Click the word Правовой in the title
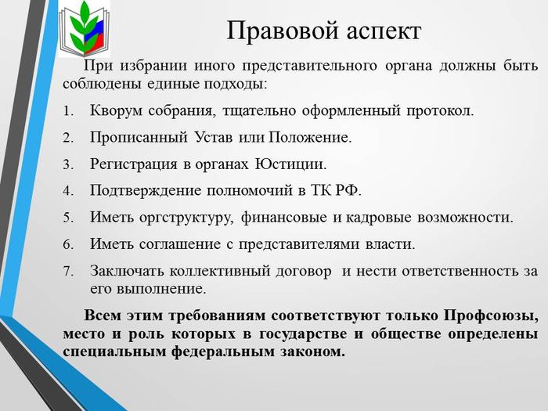click(283, 31)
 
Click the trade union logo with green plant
click(85, 29)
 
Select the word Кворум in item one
click(116, 111)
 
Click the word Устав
click(213, 137)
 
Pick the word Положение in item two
click(310, 137)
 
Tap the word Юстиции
click(290, 164)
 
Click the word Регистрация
click(134, 164)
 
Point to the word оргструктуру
click(186, 218)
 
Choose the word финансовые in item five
click(283, 218)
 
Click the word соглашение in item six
click(179, 244)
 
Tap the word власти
click(390, 244)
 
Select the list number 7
click(68, 271)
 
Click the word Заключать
click(127, 271)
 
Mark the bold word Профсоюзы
click(491, 316)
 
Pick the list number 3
click(68, 164)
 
